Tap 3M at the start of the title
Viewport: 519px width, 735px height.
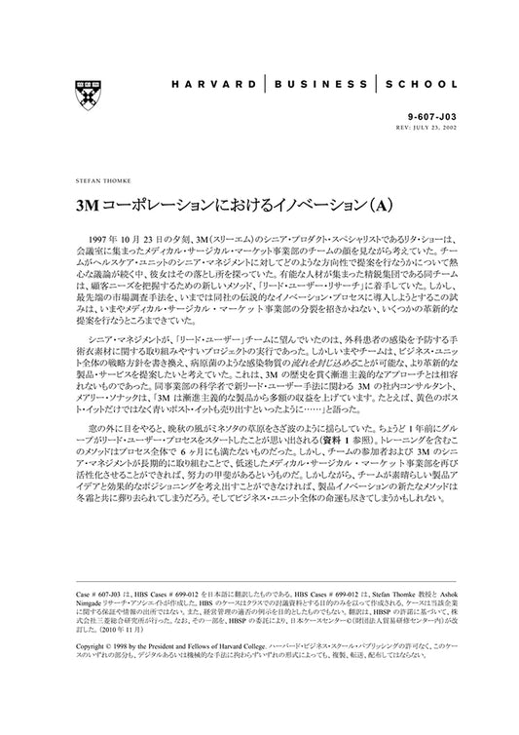[87, 211]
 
